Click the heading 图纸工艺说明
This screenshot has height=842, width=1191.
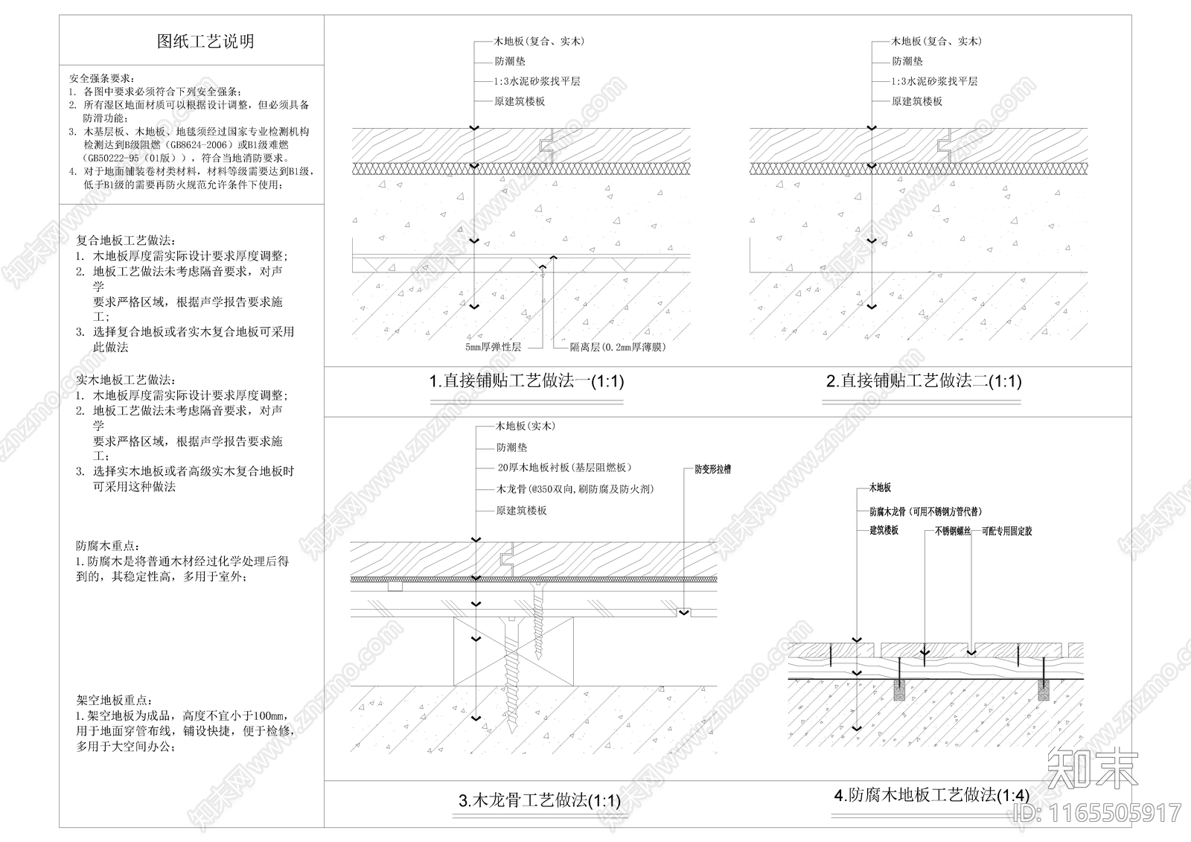205,42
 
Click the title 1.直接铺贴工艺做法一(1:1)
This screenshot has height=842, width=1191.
526,382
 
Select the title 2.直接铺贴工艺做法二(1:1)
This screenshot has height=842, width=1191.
924,382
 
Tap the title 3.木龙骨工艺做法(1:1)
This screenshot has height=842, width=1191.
539,801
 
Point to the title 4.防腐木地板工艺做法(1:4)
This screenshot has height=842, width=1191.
932,795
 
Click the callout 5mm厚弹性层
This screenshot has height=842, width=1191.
494,347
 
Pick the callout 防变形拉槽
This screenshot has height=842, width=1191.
712,470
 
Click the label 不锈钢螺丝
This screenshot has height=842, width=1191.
953,532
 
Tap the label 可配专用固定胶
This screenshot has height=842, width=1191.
1006,532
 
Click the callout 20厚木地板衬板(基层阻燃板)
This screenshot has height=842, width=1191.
563,468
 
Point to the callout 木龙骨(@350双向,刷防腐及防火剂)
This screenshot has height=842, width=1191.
575,489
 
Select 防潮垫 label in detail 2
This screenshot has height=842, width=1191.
907,62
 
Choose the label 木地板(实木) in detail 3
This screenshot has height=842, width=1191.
526,427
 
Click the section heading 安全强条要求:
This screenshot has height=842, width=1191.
101,78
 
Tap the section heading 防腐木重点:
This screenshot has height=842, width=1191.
108,546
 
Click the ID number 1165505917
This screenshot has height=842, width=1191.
1114,812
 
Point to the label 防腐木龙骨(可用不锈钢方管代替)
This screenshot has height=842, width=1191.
925,512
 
